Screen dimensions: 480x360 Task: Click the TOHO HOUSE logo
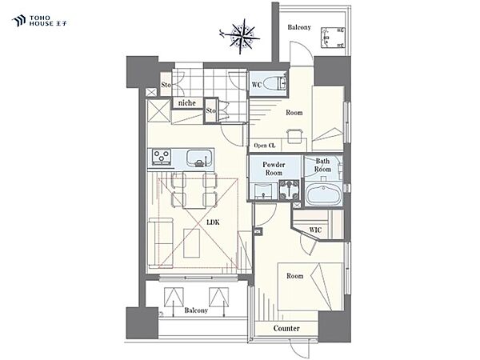click(x=39, y=21)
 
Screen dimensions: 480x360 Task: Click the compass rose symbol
click(x=242, y=37)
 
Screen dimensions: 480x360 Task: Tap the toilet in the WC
click(x=275, y=83)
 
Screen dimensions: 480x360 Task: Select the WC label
click(x=257, y=85)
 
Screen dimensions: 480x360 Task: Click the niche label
click(x=186, y=103)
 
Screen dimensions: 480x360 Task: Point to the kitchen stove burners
click(x=162, y=157)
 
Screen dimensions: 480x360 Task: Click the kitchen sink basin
click(x=200, y=158)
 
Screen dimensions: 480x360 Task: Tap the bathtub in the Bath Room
click(x=322, y=194)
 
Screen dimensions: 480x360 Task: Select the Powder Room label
click(x=274, y=169)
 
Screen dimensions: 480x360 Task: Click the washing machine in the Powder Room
click(x=289, y=190)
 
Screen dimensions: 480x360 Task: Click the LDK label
click(x=213, y=222)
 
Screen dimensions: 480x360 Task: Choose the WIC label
click(x=315, y=230)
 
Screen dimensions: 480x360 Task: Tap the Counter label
click(x=286, y=329)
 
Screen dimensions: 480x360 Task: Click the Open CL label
click(x=265, y=146)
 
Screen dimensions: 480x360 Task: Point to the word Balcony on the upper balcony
click(x=299, y=27)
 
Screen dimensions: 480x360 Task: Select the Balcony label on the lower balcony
click(x=196, y=310)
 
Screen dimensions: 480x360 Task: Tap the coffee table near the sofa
click(x=192, y=243)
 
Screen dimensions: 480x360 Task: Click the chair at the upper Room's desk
click(x=294, y=136)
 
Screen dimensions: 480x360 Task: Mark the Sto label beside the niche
click(x=210, y=110)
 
